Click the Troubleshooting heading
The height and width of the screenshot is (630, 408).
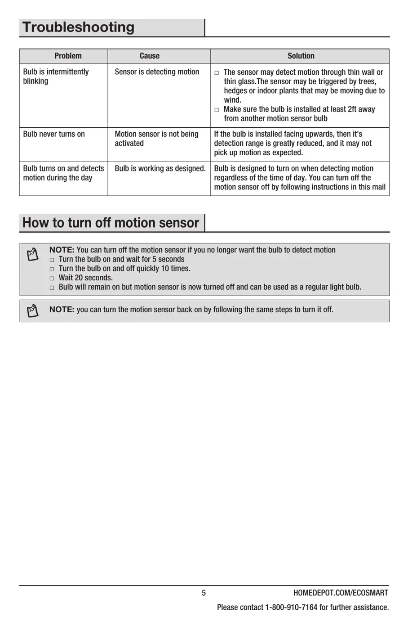point(79,27)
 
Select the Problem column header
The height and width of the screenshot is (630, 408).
point(68,56)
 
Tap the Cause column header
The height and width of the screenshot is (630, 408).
point(149,56)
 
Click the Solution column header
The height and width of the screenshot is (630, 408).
point(301,56)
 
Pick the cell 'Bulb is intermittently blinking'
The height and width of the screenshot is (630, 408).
point(56,76)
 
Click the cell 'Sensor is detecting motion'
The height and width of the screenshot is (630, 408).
point(157,72)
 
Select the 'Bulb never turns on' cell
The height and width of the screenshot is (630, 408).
point(54,134)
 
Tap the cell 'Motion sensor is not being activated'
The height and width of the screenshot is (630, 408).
point(156,139)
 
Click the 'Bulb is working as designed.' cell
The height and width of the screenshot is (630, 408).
point(160,169)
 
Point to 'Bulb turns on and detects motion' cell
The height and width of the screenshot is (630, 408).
point(63,173)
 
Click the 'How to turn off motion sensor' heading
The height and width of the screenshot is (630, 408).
point(111,223)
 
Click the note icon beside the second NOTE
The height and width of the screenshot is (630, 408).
point(33,310)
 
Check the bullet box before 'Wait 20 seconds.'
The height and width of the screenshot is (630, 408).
point(52,279)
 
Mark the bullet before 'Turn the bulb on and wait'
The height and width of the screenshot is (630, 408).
point(52,260)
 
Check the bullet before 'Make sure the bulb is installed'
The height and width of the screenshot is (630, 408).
point(217,110)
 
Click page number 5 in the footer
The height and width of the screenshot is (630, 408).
point(204,593)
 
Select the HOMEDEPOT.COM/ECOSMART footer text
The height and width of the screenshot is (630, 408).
point(341,593)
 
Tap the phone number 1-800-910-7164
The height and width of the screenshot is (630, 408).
point(291,607)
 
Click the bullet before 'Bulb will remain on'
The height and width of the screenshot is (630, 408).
point(52,288)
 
